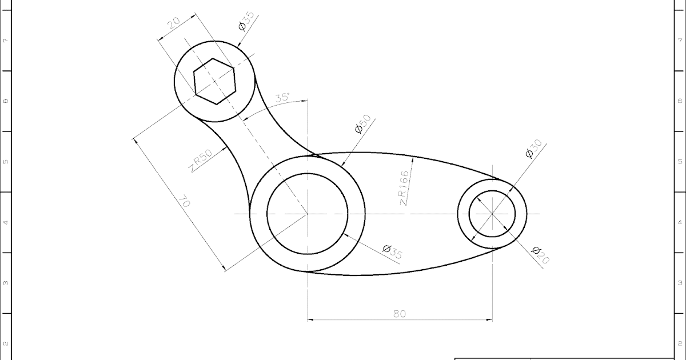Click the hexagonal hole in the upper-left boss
(214, 81)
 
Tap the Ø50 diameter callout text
(363, 124)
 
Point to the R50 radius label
(201, 161)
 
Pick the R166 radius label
(404, 187)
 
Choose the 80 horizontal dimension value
(400, 313)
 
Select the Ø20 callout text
(540, 255)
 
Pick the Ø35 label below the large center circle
(393, 252)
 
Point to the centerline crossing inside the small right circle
(492, 214)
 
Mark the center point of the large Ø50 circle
(308, 214)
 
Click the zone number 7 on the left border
(6, 41)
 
